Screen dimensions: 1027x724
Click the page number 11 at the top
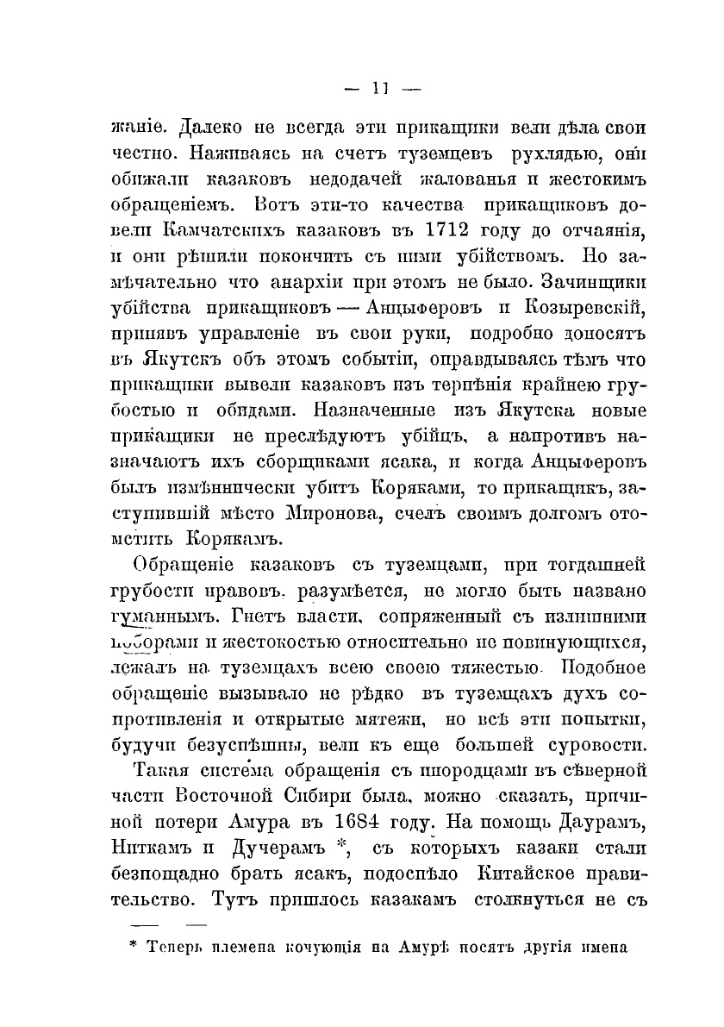coord(379,86)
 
